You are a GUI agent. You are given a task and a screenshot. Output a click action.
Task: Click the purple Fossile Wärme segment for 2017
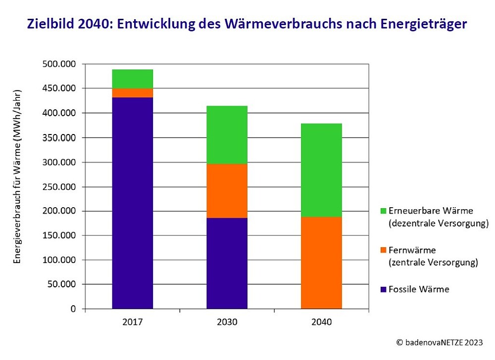click(x=133, y=203)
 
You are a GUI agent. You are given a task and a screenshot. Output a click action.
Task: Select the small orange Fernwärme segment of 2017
click(x=133, y=93)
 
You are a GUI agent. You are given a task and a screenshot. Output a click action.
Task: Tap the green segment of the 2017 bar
click(x=133, y=79)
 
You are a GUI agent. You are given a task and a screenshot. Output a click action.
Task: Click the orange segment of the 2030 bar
click(x=227, y=190)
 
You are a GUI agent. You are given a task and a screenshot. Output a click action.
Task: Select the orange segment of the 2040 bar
click(x=321, y=263)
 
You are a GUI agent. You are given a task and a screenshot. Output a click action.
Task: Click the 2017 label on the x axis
click(x=133, y=322)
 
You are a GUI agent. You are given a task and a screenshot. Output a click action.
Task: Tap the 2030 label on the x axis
click(x=227, y=322)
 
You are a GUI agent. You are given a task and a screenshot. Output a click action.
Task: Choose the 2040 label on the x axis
click(x=321, y=322)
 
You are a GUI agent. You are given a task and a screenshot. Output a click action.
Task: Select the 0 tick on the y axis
click(x=73, y=309)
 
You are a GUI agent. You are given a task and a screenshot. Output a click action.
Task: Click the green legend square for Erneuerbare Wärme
click(x=383, y=211)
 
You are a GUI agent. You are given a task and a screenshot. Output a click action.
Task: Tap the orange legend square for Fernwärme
click(x=383, y=250)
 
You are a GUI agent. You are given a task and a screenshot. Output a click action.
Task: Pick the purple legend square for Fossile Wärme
click(x=383, y=289)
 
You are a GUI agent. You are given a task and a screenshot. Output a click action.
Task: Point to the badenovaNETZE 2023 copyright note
click(x=440, y=342)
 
